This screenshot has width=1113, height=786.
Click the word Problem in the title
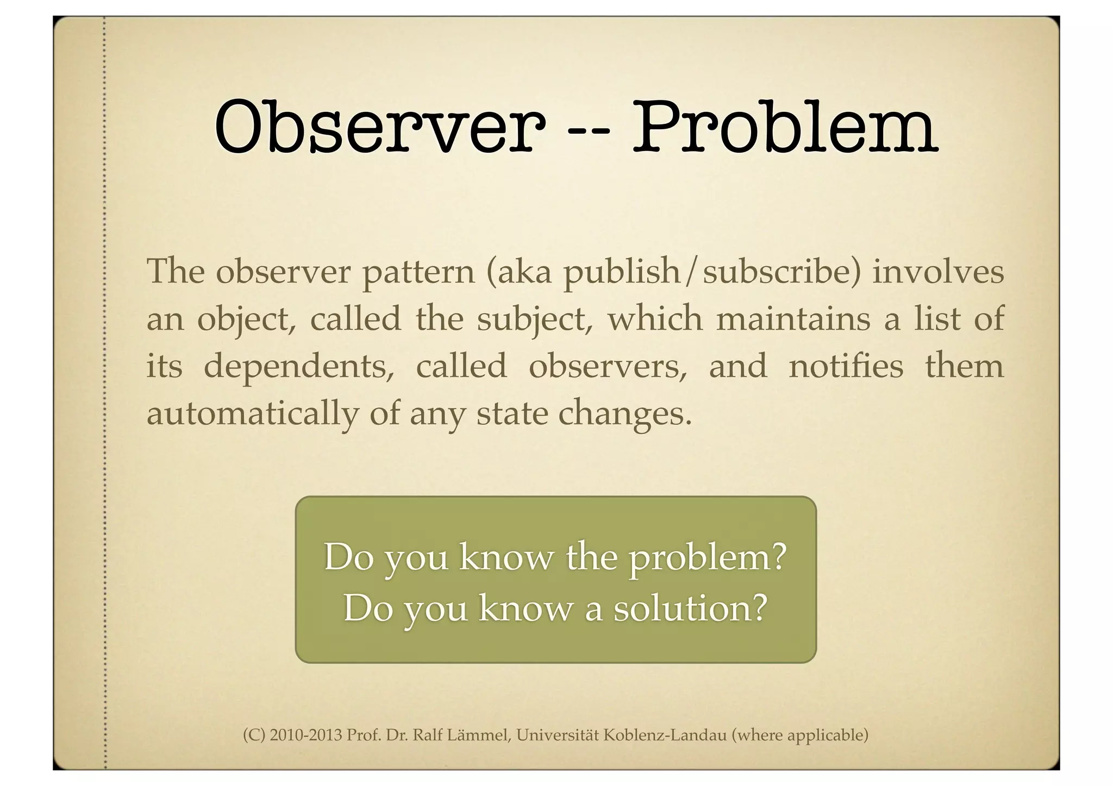point(784,126)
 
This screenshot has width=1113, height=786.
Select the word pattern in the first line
point(418,272)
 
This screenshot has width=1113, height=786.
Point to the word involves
point(938,272)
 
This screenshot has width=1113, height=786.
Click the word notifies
point(846,366)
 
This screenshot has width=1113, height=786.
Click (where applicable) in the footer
point(799,735)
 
